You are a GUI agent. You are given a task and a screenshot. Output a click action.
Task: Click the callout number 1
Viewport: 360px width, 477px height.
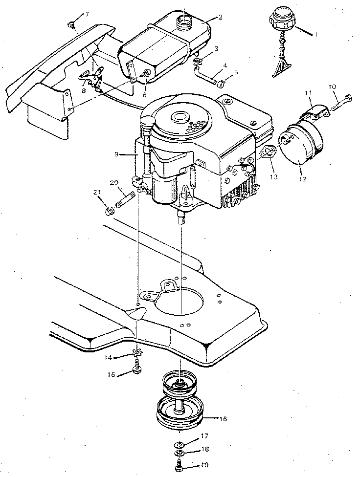tap(316, 35)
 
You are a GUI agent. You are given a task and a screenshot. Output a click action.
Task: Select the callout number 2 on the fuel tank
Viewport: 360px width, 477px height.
tap(221, 18)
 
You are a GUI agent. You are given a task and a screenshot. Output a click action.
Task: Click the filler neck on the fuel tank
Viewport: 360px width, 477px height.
tap(185, 20)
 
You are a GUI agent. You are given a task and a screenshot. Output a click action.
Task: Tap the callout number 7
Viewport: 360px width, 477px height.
tap(87, 14)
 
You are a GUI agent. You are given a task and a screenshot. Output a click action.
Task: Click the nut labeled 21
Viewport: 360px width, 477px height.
tap(111, 211)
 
